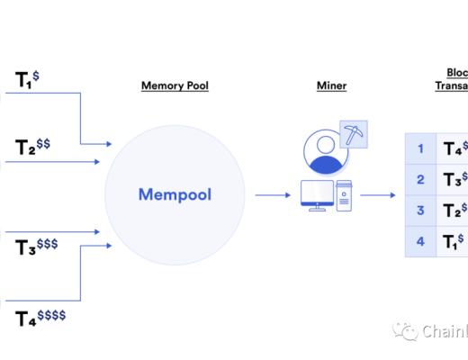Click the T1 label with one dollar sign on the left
(26, 79)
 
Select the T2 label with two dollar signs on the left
(31, 147)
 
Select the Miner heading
(331, 86)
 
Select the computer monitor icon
(317, 193)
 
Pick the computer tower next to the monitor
(344, 195)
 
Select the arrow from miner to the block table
(378, 194)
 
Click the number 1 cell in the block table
(419, 148)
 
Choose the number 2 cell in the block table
(419, 179)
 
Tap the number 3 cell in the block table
(419, 211)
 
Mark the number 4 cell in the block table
(419, 241)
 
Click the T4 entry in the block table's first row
(454, 148)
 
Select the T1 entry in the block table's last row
(453, 241)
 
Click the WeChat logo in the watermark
(409, 331)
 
